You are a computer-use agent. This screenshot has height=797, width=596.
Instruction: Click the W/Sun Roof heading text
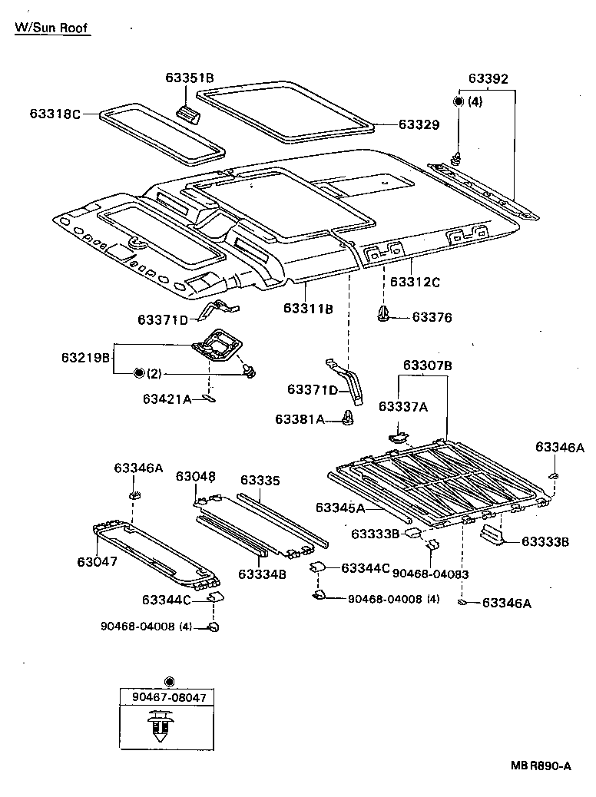click(x=51, y=28)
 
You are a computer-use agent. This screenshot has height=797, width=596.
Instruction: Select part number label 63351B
click(x=189, y=78)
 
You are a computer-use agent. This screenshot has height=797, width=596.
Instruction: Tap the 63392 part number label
click(x=488, y=79)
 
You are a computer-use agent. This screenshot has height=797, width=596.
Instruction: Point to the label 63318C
click(x=55, y=114)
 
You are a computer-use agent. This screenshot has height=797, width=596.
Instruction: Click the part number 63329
click(x=418, y=124)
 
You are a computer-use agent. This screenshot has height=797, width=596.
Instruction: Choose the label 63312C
click(x=415, y=282)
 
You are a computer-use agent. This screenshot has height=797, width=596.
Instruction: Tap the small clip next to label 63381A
click(x=349, y=418)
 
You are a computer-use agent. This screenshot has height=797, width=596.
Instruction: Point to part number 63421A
click(x=167, y=398)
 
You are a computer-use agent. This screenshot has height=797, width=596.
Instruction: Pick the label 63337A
click(x=402, y=406)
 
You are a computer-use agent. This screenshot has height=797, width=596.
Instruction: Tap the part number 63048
click(x=195, y=476)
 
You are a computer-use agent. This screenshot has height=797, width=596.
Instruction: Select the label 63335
click(x=260, y=481)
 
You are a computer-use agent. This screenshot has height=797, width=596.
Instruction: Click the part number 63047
click(x=97, y=561)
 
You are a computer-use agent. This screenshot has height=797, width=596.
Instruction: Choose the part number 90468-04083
click(x=431, y=573)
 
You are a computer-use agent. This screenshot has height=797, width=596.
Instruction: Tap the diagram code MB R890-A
click(x=541, y=766)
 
